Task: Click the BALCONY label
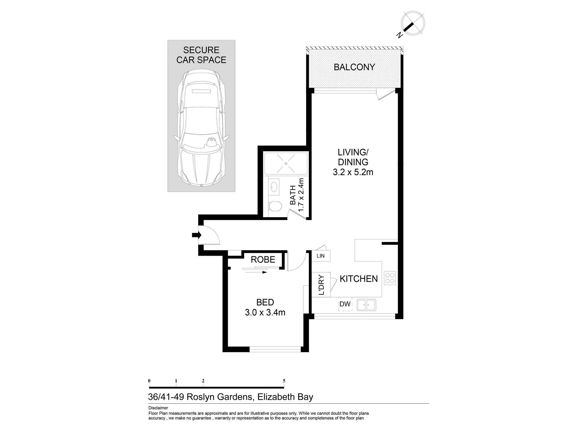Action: pyautogui.click(x=354, y=67)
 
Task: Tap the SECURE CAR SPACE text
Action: pyautogui.click(x=201, y=55)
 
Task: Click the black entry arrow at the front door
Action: pyautogui.click(x=197, y=235)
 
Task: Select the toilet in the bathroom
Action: pyautogui.click(x=275, y=206)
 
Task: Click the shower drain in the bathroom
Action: pyautogui.click(x=286, y=163)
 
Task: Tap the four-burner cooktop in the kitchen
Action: pyautogui.click(x=390, y=278)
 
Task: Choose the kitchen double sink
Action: pyautogui.click(x=366, y=305)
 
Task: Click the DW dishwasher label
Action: pyautogui.click(x=345, y=304)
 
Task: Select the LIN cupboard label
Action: pyautogui.click(x=321, y=256)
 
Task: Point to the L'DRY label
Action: pyautogui.click(x=321, y=285)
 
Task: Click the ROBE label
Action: pyautogui.click(x=263, y=259)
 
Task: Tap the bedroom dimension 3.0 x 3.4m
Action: pyautogui.click(x=265, y=312)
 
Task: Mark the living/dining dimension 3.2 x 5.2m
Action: pyautogui.click(x=353, y=172)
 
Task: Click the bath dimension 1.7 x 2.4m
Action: pyautogui.click(x=301, y=195)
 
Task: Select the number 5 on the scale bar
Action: pyautogui.click(x=284, y=381)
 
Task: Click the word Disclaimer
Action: pyautogui.click(x=158, y=408)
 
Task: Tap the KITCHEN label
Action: pyautogui.click(x=359, y=279)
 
